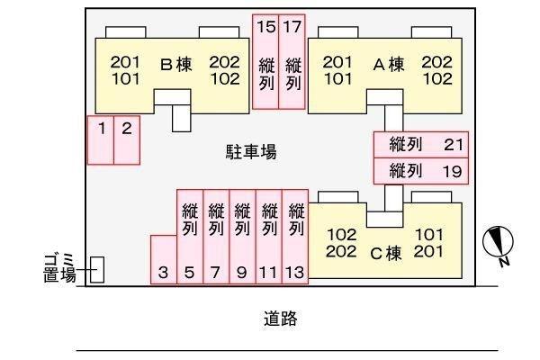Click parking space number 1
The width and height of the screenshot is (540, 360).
tap(101, 140)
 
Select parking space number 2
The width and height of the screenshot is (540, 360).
tap(127, 140)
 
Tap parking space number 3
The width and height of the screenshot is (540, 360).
tap(164, 260)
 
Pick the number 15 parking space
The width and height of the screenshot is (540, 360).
tap(265, 62)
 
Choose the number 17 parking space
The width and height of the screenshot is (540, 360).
tap(292, 62)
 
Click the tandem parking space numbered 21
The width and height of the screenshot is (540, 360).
tap(421, 145)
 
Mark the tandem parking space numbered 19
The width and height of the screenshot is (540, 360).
tap(421, 171)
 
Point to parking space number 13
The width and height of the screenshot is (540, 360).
tap(295, 237)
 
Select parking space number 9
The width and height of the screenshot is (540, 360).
tap(242, 237)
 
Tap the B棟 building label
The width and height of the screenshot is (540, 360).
tap(176, 65)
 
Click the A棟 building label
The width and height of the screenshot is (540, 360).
tap(389, 65)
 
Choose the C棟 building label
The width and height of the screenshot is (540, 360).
tap(386, 254)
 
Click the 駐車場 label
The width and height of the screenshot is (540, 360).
tap(251, 152)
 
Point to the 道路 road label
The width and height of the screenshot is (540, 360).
tap(280, 319)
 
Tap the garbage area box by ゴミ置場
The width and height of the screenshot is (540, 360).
tap(97, 270)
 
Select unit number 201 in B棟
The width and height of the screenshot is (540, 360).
tap(125, 62)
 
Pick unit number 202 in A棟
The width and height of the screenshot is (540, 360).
tap(436, 62)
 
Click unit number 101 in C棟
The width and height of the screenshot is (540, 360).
tap(428, 235)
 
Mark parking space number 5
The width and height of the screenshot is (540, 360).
tap(190, 237)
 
